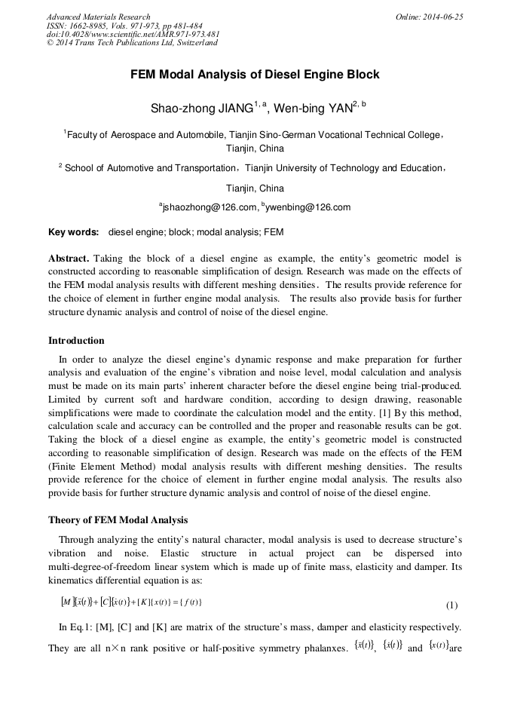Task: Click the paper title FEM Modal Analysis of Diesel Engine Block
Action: click(255, 75)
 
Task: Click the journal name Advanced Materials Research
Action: click(98, 17)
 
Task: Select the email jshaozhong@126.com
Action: click(208, 207)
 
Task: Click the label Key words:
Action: click(73, 232)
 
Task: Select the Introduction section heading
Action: click(76, 340)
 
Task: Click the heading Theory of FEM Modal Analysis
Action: click(118, 520)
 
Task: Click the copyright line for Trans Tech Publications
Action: click(132, 43)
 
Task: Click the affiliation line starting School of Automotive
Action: click(253, 168)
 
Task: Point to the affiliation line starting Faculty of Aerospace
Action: click(253, 135)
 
